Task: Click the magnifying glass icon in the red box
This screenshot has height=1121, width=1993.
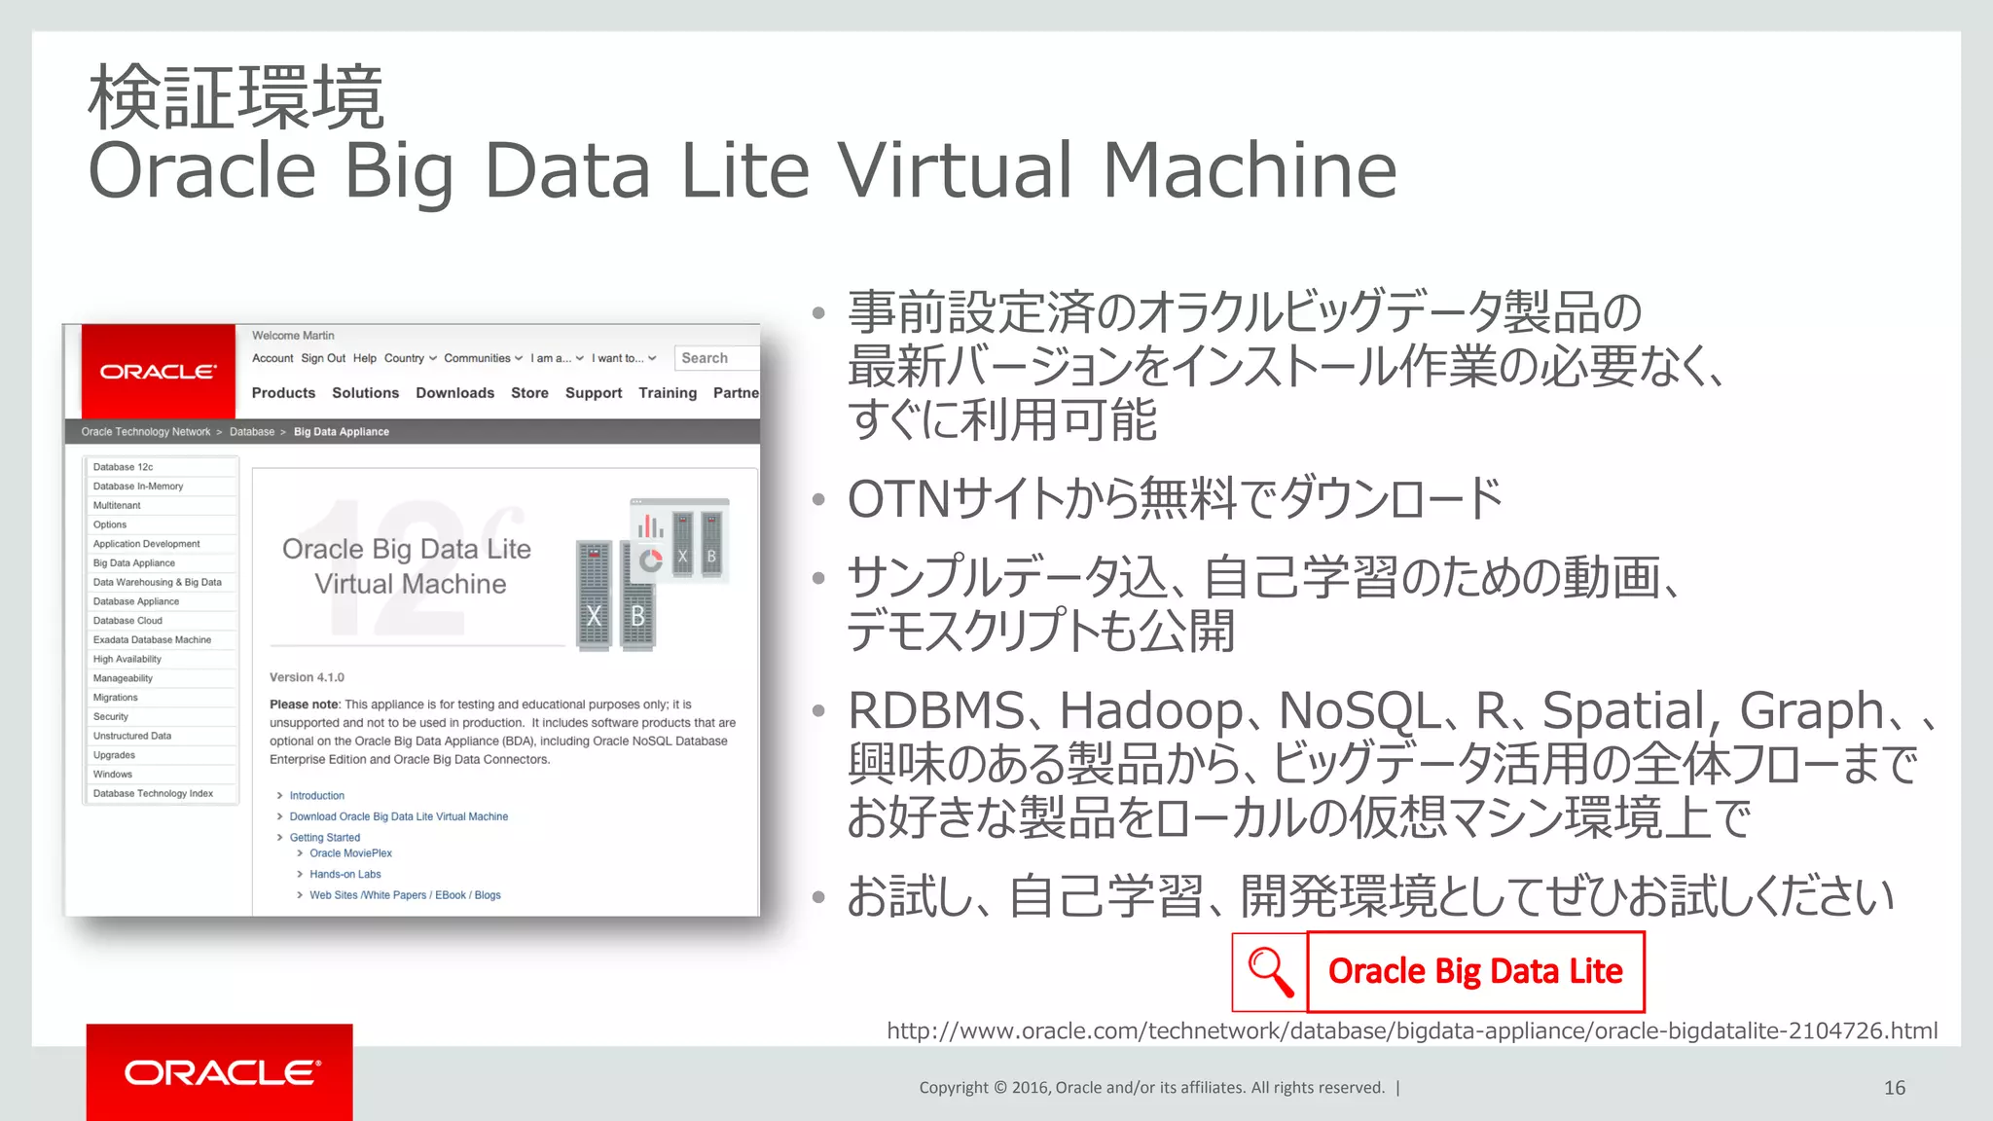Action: click(1270, 972)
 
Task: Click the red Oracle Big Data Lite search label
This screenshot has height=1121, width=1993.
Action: click(1475, 972)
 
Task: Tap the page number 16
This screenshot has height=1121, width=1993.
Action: click(1894, 1088)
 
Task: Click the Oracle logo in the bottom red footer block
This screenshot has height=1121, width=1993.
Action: click(221, 1072)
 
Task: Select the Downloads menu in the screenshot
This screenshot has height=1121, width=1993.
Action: click(454, 393)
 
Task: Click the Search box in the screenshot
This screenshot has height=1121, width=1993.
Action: click(716, 358)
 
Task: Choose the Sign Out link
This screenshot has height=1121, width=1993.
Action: click(323, 358)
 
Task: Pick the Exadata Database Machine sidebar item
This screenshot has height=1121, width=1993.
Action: click(152, 640)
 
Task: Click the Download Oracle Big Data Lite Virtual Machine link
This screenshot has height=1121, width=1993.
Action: click(398, 816)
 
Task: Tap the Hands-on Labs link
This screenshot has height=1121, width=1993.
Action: click(344, 874)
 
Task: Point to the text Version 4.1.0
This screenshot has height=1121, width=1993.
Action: click(307, 677)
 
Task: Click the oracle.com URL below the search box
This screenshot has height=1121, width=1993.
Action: click(1411, 1031)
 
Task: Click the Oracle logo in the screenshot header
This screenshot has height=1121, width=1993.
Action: click(159, 372)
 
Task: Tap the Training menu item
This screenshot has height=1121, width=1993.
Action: click(668, 393)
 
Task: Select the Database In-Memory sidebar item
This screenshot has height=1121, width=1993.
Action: click(138, 487)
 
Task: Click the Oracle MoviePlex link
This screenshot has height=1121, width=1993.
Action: click(350, 853)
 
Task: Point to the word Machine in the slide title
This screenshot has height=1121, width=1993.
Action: click(1250, 171)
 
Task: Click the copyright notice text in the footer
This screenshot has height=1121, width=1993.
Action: click(1151, 1088)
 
